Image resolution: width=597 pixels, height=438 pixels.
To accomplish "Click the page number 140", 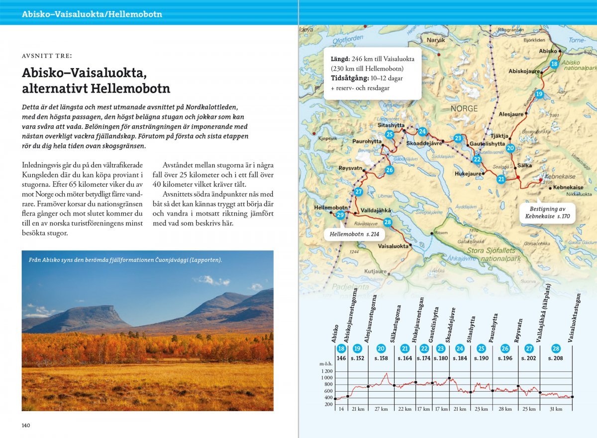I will click(x=26, y=425).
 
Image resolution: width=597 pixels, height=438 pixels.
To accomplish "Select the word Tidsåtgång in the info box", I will click(x=349, y=78).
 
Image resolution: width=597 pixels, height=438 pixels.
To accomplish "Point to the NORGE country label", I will click(x=464, y=109).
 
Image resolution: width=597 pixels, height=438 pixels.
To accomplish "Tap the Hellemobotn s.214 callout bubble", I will click(x=354, y=234).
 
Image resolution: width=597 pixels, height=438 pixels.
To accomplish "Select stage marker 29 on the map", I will click(x=340, y=215).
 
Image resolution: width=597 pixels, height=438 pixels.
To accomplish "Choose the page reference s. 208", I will click(x=555, y=358).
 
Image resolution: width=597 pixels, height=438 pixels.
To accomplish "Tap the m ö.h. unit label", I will click(x=326, y=364).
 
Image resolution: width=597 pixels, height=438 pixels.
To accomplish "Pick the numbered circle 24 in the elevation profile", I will click(x=460, y=349).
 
